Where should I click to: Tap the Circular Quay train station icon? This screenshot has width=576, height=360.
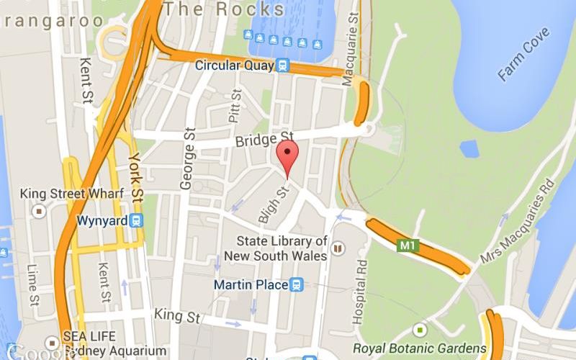(x=283, y=66)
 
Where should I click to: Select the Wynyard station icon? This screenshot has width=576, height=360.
(x=137, y=220)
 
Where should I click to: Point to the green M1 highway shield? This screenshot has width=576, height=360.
(x=408, y=246)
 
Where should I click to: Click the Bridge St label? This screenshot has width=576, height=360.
(x=264, y=138)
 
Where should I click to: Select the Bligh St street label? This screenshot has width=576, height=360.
(x=273, y=203)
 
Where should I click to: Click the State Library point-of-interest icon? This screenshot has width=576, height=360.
(x=338, y=248)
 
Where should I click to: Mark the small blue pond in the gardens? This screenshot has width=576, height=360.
(x=469, y=148)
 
